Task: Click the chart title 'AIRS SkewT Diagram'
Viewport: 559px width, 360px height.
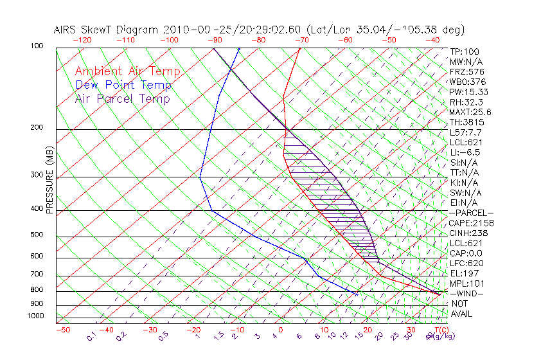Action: click(x=107, y=30)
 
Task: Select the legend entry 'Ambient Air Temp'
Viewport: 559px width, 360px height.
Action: click(x=127, y=71)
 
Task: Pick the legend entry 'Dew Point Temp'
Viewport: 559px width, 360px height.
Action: click(x=123, y=85)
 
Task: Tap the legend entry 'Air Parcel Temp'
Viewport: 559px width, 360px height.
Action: click(x=122, y=98)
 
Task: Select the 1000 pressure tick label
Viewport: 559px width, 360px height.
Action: click(x=36, y=316)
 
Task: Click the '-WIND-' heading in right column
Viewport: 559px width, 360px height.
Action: click(x=466, y=294)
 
